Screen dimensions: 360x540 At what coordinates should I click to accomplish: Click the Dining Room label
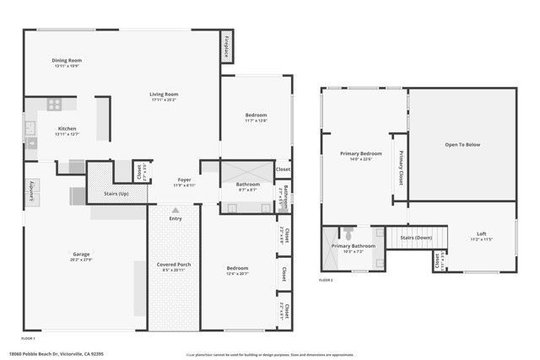(67, 60)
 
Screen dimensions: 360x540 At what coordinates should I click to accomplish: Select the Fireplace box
(228, 48)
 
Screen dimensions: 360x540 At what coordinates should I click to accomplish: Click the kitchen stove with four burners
(55, 105)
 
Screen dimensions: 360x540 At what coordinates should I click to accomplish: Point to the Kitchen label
(67, 128)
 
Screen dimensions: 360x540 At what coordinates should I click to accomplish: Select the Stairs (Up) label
(116, 192)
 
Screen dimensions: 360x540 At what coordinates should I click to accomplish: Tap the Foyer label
(184, 180)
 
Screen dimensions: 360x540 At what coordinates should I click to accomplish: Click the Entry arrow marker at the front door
(175, 211)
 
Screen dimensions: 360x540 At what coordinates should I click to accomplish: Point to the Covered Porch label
(175, 265)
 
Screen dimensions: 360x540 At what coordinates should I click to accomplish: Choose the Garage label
(81, 254)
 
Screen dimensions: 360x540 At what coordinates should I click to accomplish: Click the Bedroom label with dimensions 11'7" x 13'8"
(256, 115)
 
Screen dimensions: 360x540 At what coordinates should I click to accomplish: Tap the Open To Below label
(462, 145)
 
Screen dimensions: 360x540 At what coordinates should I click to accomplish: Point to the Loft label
(481, 234)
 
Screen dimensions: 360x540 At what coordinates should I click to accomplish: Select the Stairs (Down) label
(416, 238)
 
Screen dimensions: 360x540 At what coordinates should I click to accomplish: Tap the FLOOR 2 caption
(326, 279)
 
